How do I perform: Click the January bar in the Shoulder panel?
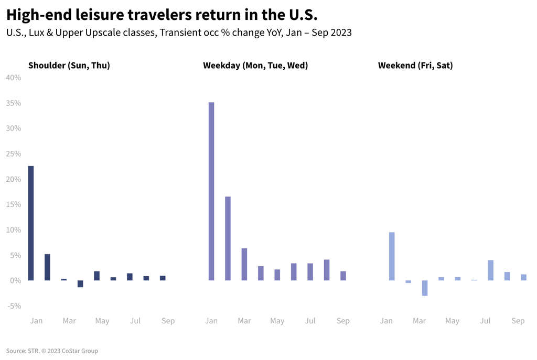tap(31, 223)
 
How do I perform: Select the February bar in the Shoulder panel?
tap(47, 267)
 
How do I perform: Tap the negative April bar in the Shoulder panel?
tap(80, 283)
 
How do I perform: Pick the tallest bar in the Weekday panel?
tap(211, 191)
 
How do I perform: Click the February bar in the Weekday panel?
tap(228, 238)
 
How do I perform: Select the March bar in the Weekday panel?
tap(244, 264)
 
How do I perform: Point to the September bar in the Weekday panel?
tap(343, 276)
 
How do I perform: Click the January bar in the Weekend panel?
tap(392, 256)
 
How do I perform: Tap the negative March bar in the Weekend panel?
tap(425, 288)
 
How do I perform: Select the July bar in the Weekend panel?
tap(490, 270)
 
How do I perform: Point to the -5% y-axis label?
tap(14, 306)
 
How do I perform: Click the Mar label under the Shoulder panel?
tap(69, 321)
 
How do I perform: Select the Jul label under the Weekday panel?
tap(310, 321)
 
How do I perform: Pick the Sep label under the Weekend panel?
tap(518, 321)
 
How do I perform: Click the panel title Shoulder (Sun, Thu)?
tap(69, 66)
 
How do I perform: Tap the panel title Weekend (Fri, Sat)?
tap(415, 66)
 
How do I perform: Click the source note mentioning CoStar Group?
tap(52, 351)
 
